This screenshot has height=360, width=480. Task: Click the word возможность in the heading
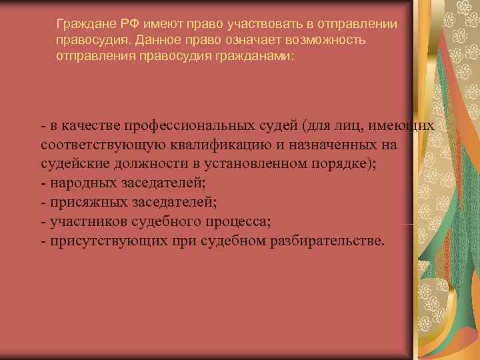325,41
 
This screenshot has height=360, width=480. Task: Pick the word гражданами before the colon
254,57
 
